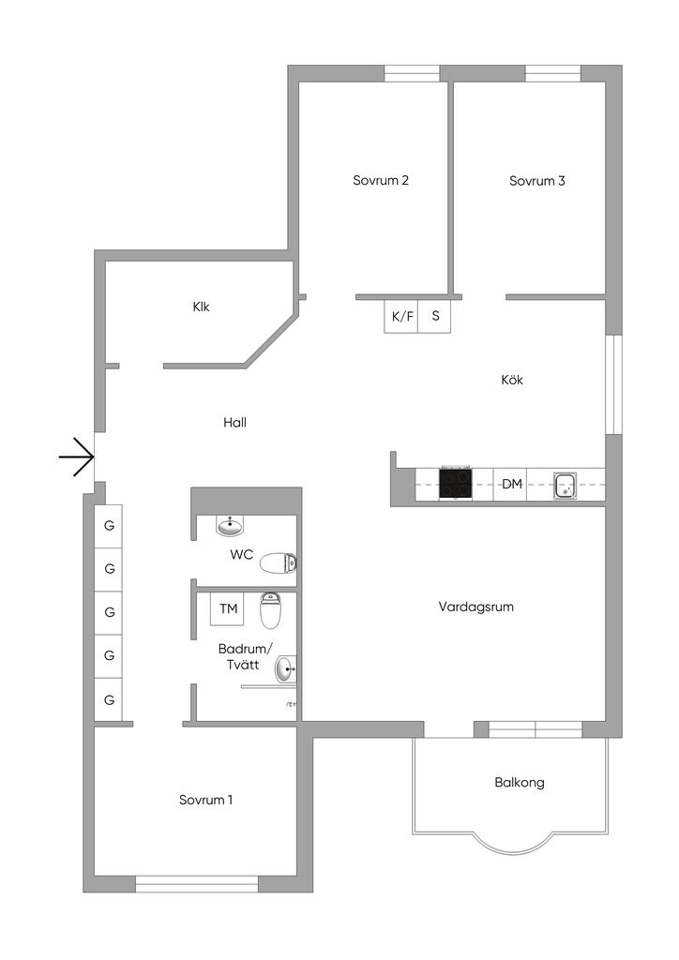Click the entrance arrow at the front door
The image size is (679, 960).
click(x=77, y=458)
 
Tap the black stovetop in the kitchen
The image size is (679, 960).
click(x=456, y=483)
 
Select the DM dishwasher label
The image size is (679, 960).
click(x=511, y=484)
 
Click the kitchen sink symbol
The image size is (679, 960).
click(x=566, y=485)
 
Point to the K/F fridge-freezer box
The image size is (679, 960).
click(x=401, y=316)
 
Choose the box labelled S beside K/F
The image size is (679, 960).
click(x=435, y=316)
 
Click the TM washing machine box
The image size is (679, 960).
click(x=228, y=609)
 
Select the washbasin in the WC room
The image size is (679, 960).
click(x=230, y=525)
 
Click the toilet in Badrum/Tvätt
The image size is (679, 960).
click(x=270, y=611)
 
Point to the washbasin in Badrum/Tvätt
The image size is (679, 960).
click(x=285, y=669)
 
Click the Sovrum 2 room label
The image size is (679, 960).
click(x=381, y=181)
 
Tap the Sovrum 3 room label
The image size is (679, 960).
click(x=537, y=181)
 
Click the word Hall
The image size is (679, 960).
click(x=234, y=423)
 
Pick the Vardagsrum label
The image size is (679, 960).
click(x=476, y=607)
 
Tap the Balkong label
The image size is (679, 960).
click(x=520, y=783)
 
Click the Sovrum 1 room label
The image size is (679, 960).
click(x=206, y=800)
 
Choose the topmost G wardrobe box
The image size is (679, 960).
click(x=110, y=526)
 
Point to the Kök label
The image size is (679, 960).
click(x=512, y=381)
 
